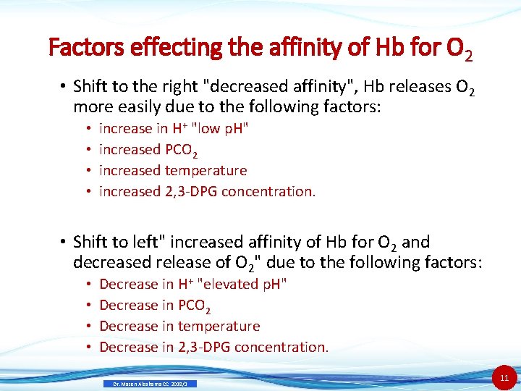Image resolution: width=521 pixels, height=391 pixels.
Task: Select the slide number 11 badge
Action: pos(504,378)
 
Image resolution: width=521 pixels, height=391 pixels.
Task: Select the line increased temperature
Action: pos(173,171)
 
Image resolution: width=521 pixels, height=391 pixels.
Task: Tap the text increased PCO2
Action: pos(148,150)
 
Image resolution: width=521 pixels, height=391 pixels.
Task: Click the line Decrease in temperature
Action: pos(179,327)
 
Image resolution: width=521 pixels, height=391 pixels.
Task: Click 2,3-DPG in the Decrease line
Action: pos(203,348)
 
